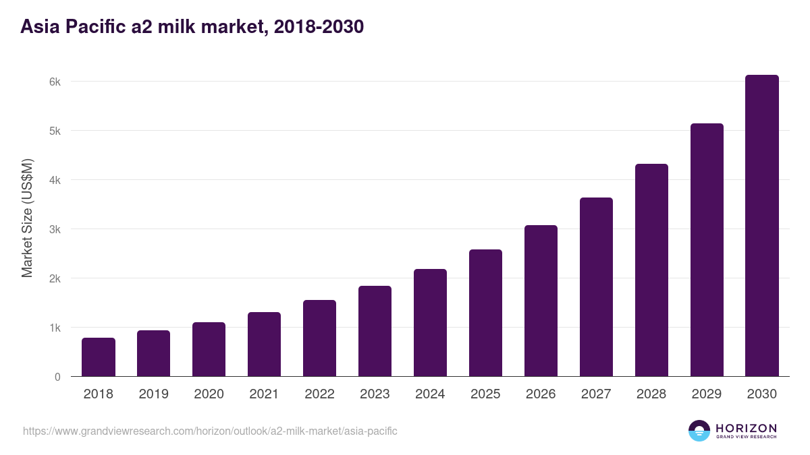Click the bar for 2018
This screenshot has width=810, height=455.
[99, 357]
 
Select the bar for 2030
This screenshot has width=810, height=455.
[762, 226]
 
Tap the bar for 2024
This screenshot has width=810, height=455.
[430, 323]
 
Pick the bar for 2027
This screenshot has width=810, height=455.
[596, 287]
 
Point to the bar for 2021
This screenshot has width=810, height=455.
[264, 344]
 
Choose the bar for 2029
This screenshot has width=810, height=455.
[707, 250]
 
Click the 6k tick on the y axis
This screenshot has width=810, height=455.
[55, 82]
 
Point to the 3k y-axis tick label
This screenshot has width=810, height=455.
[55, 229]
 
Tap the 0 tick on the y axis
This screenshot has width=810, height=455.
[57, 377]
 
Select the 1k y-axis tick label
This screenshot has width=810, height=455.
[55, 328]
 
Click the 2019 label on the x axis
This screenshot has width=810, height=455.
[154, 394]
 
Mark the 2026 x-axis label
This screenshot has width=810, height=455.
[541, 394]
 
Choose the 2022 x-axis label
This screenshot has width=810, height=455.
[319, 394]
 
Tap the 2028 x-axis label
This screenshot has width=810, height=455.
[651, 394]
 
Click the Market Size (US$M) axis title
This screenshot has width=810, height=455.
[27, 218]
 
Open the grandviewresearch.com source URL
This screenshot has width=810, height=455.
[210, 431]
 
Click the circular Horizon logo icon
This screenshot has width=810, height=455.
[699, 431]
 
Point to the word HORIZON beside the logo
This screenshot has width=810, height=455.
[746, 428]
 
